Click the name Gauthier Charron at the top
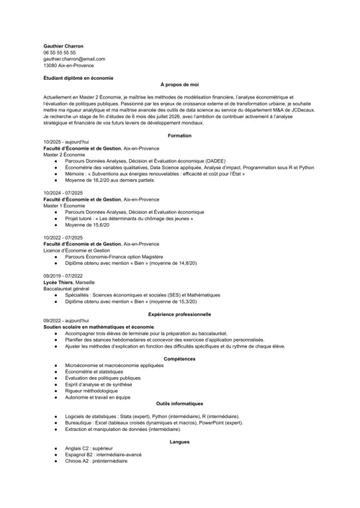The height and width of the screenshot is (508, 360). click(63, 45)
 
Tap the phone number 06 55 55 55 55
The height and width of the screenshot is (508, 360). click(59, 53)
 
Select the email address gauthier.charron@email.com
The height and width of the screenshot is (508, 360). click(74, 59)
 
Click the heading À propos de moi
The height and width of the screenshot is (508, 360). click(179, 84)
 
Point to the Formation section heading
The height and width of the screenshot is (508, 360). click(179, 135)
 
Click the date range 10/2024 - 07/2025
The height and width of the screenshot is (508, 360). click(63, 193)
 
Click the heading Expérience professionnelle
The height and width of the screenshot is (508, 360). click(179, 314)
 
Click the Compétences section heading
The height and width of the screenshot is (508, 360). click(179, 358)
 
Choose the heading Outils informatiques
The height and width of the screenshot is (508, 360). click(179, 404)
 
